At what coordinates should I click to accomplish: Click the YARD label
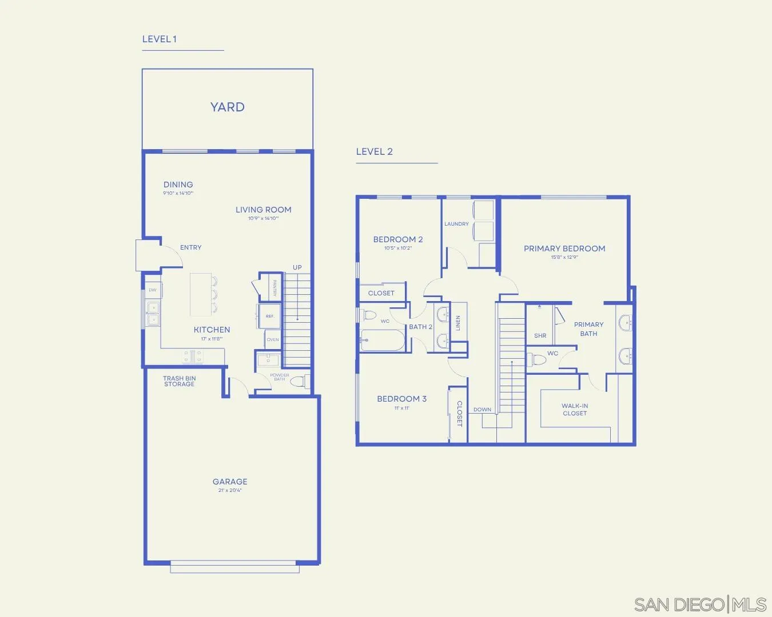coord(227,107)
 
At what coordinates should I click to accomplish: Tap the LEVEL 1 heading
coord(159,39)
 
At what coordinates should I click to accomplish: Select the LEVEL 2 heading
coord(374,152)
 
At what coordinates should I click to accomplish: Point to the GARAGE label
coord(230,482)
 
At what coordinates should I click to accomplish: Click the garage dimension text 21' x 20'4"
coord(230,490)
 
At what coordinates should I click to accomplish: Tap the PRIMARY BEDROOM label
coord(564,249)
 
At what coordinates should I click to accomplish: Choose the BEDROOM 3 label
coord(401,399)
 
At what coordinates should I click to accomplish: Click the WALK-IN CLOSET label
coord(575,410)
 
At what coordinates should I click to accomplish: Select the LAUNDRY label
coord(456,224)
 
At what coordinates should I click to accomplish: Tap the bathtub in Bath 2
coord(383,340)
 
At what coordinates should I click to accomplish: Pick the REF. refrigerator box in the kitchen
coord(269,316)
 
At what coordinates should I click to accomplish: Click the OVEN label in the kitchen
coord(273,339)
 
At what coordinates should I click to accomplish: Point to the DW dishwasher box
coord(153,290)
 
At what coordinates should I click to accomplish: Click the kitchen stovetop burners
coord(192,356)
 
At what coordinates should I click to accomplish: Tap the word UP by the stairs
coord(297,267)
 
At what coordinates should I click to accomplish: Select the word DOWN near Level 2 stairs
coord(482,410)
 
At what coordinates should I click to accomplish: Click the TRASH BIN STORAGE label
coord(179,381)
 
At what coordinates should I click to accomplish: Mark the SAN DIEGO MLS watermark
coord(700,604)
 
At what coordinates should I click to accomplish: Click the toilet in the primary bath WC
coord(538,360)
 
